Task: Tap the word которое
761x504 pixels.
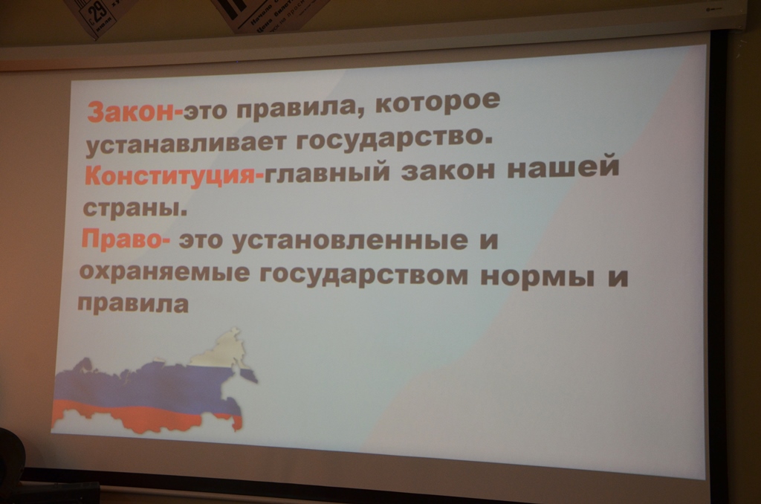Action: click(x=437, y=102)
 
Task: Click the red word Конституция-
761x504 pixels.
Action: click(x=175, y=175)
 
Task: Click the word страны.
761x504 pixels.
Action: click(x=135, y=208)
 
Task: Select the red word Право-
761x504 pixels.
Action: click(x=126, y=240)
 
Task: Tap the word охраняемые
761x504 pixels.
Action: click(x=164, y=273)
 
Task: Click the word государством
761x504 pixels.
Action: click(x=365, y=275)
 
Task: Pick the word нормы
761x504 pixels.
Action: click(x=537, y=277)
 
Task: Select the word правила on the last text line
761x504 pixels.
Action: click(x=133, y=305)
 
